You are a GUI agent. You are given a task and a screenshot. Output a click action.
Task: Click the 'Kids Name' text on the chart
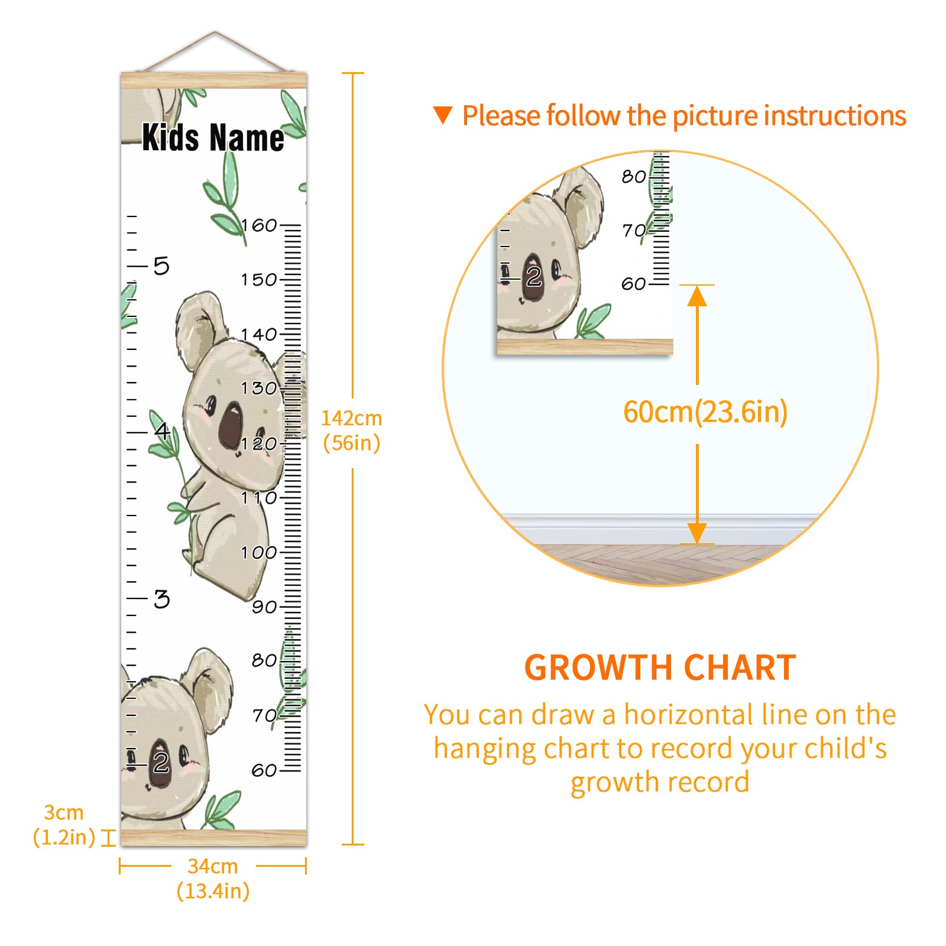(213, 138)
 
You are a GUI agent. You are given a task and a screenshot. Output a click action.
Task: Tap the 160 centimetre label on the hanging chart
(259, 225)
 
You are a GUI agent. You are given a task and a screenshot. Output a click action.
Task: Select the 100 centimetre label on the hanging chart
(259, 553)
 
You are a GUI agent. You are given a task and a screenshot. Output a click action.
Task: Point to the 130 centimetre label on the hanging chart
(259, 388)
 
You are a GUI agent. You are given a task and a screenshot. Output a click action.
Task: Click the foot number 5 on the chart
(161, 266)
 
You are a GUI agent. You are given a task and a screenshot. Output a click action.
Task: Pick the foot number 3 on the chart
(161, 599)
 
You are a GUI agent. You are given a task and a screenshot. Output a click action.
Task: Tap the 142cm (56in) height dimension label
(352, 430)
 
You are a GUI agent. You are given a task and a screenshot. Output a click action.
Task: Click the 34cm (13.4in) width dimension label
(213, 879)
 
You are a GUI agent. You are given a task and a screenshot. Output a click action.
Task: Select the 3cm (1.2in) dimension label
(64, 825)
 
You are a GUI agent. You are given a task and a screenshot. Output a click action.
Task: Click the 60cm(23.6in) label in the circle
(705, 412)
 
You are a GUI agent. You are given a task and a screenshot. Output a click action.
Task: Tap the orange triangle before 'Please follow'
(443, 115)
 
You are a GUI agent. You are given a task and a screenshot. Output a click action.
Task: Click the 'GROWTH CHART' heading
(660, 668)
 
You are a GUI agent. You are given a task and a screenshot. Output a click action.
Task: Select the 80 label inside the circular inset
(634, 176)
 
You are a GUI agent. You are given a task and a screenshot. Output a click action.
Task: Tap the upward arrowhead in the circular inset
(698, 296)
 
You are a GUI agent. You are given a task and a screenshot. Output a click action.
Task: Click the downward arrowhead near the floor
(698, 533)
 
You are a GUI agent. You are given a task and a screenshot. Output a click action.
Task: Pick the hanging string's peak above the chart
(215, 32)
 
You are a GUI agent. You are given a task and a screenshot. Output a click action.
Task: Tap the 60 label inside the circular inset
(634, 284)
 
